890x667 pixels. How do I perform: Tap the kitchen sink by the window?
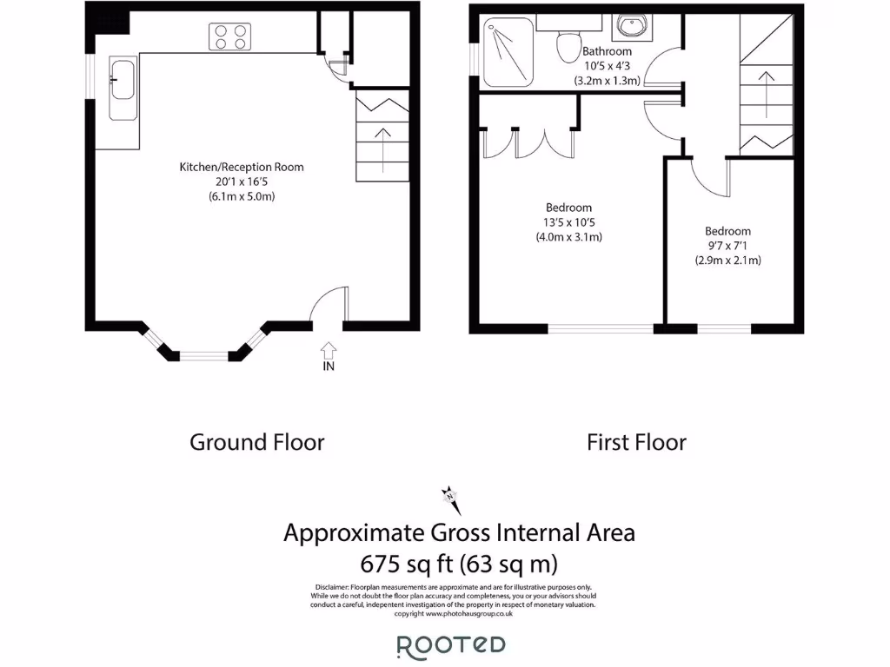(x=122, y=89)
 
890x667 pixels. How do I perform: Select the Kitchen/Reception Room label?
(x=242, y=167)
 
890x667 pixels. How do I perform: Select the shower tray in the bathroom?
(x=512, y=53)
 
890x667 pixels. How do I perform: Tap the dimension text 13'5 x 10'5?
(x=569, y=222)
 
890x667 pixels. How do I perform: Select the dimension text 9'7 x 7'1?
(x=727, y=246)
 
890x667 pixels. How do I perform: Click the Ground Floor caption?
(x=257, y=442)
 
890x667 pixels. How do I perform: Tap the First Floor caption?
(x=636, y=442)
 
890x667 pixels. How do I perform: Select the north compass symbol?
(x=451, y=499)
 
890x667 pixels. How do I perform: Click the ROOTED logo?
(x=451, y=645)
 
